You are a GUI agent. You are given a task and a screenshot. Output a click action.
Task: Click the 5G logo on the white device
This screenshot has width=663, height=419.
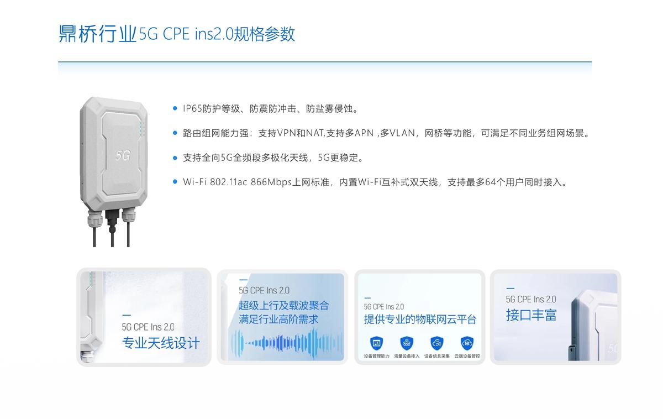(123, 155)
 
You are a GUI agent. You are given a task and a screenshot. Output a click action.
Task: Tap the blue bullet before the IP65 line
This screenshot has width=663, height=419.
(175, 108)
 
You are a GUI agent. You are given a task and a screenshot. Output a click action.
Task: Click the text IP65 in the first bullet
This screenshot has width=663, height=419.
(192, 108)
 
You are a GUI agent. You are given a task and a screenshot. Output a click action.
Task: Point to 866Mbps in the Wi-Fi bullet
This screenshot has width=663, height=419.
(271, 182)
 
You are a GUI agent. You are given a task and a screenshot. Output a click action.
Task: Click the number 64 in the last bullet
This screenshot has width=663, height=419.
(491, 182)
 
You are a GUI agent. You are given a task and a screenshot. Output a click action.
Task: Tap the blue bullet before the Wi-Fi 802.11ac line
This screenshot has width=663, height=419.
(175, 181)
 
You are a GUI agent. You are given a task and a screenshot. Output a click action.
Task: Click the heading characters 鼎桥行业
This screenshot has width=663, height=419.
(97, 34)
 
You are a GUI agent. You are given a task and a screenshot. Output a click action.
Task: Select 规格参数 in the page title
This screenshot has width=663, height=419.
(264, 34)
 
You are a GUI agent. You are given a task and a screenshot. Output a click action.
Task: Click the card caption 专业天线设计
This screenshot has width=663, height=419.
(161, 343)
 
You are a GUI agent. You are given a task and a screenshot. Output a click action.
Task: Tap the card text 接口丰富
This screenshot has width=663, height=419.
(532, 315)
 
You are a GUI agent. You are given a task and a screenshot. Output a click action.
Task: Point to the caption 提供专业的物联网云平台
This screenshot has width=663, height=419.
(420, 319)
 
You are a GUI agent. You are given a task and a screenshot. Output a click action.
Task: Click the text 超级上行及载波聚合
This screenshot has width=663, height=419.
(284, 305)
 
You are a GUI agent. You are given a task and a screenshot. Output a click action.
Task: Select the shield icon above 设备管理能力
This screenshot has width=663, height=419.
(376, 343)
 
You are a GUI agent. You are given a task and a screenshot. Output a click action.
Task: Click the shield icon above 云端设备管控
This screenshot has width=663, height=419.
(467, 343)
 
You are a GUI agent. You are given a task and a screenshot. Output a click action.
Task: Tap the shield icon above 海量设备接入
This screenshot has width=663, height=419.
(407, 343)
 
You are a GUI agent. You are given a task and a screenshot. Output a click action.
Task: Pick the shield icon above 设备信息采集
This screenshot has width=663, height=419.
(437, 343)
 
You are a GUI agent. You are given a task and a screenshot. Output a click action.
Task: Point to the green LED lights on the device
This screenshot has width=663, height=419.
(141, 127)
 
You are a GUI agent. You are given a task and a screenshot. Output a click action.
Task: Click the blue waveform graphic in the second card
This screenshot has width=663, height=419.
(287, 343)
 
